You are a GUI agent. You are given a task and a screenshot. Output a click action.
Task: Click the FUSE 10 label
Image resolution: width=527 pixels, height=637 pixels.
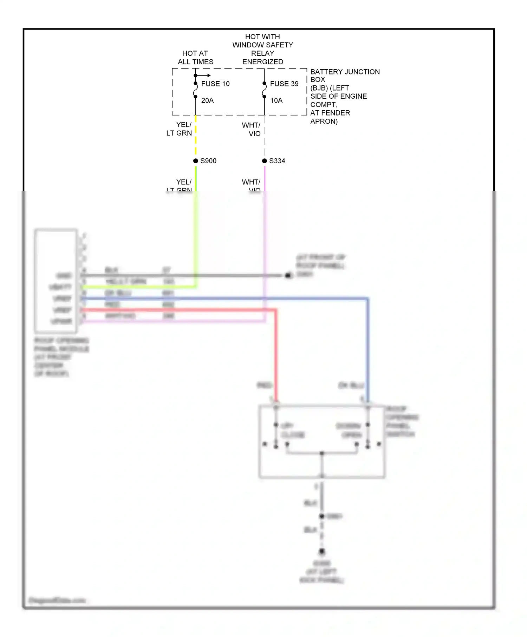[215, 84]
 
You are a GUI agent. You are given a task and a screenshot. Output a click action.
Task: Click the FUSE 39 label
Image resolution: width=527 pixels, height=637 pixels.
[284, 84]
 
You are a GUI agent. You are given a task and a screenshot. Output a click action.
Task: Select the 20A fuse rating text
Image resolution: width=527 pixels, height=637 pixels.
[207, 100]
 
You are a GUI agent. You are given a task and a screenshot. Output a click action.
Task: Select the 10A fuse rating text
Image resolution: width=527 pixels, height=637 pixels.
[276, 100]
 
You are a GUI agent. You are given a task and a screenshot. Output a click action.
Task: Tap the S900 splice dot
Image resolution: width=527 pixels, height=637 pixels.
[196, 161]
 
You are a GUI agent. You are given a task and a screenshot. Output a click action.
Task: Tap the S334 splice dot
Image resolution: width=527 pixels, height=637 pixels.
[265, 161]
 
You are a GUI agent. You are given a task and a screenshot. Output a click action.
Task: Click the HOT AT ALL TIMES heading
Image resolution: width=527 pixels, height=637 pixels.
[195, 58]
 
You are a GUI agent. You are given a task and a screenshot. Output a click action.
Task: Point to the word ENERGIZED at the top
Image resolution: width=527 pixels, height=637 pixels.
[262, 62]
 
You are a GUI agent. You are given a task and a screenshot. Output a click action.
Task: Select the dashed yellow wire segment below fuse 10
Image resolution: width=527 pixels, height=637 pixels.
[196, 135]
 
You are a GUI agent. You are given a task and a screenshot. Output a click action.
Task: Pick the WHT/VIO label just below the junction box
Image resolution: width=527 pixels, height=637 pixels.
[252, 129]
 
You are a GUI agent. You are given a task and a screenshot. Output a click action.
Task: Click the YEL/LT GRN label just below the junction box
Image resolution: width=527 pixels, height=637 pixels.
[180, 129]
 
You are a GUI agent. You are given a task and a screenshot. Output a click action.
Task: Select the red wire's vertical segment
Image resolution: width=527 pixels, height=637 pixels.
[276, 355]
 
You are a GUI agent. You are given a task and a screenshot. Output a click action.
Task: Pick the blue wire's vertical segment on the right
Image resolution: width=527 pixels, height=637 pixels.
[367, 351]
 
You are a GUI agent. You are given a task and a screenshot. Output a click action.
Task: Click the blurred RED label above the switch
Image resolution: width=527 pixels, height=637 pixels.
[264, 386]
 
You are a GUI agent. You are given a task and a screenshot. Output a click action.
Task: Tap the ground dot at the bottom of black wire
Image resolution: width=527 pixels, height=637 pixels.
[321, 551]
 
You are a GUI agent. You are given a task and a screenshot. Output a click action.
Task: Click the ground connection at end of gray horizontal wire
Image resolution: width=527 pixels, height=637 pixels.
[288, 276]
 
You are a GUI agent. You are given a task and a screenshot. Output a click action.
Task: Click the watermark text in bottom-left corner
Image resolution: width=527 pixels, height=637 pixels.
[57, 600]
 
